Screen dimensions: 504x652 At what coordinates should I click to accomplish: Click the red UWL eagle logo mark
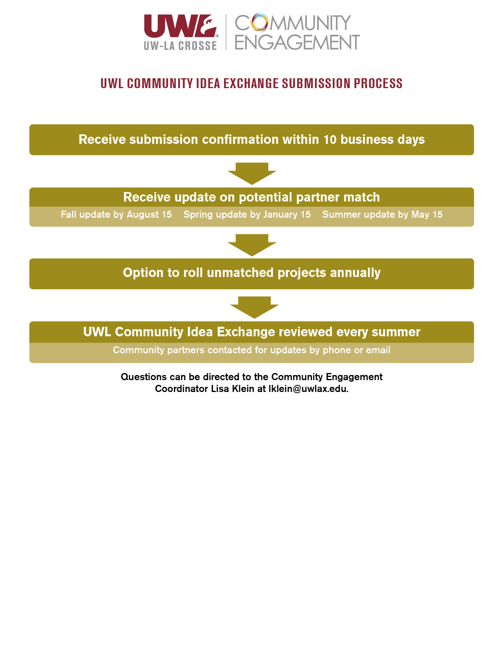180,26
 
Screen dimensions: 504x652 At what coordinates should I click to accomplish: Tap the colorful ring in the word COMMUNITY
259,22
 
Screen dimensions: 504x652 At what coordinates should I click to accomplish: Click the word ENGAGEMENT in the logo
297,42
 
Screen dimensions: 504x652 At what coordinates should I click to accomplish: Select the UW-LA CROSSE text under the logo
180,45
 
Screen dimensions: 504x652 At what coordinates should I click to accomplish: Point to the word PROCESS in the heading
378,83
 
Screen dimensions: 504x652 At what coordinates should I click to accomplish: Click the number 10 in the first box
330,139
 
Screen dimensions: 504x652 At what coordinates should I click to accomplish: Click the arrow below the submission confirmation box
252,173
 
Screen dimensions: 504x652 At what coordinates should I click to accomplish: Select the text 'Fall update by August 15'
116,214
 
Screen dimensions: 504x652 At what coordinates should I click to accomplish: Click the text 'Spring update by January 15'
247,214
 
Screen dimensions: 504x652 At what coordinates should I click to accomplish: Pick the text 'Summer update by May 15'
382,214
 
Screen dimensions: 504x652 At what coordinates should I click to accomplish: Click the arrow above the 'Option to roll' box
252,245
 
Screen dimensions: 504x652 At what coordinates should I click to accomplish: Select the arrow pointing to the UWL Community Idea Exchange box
254,307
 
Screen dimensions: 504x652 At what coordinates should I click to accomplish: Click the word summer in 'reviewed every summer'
396,332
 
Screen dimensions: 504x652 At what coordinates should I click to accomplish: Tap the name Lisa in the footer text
220,388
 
